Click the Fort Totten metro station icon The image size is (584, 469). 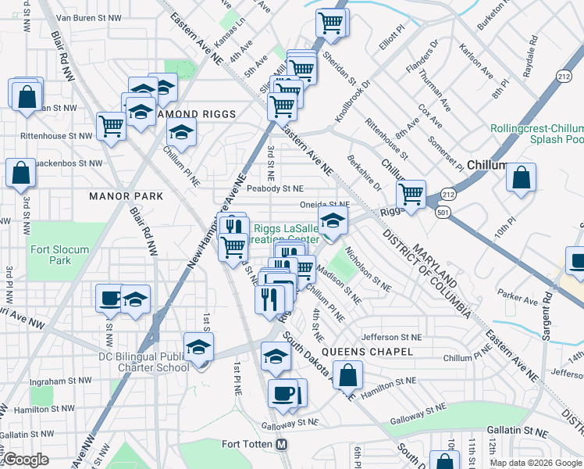[x=283, y=444]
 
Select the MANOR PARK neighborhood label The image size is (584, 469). [x=126, y=196]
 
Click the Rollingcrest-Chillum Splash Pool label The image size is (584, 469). [x=536, y=134]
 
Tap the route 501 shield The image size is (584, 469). [x=443, y=212]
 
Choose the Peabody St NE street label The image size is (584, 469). [x=274, y=188]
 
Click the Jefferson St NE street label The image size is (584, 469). [x=392, y=337]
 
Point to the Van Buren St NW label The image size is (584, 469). [x=89, y=16]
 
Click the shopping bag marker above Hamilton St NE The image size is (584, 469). [x=348, y=375]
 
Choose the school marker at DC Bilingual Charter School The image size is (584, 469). [x=198, y=345]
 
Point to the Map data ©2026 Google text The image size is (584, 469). [x=535, y=462]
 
